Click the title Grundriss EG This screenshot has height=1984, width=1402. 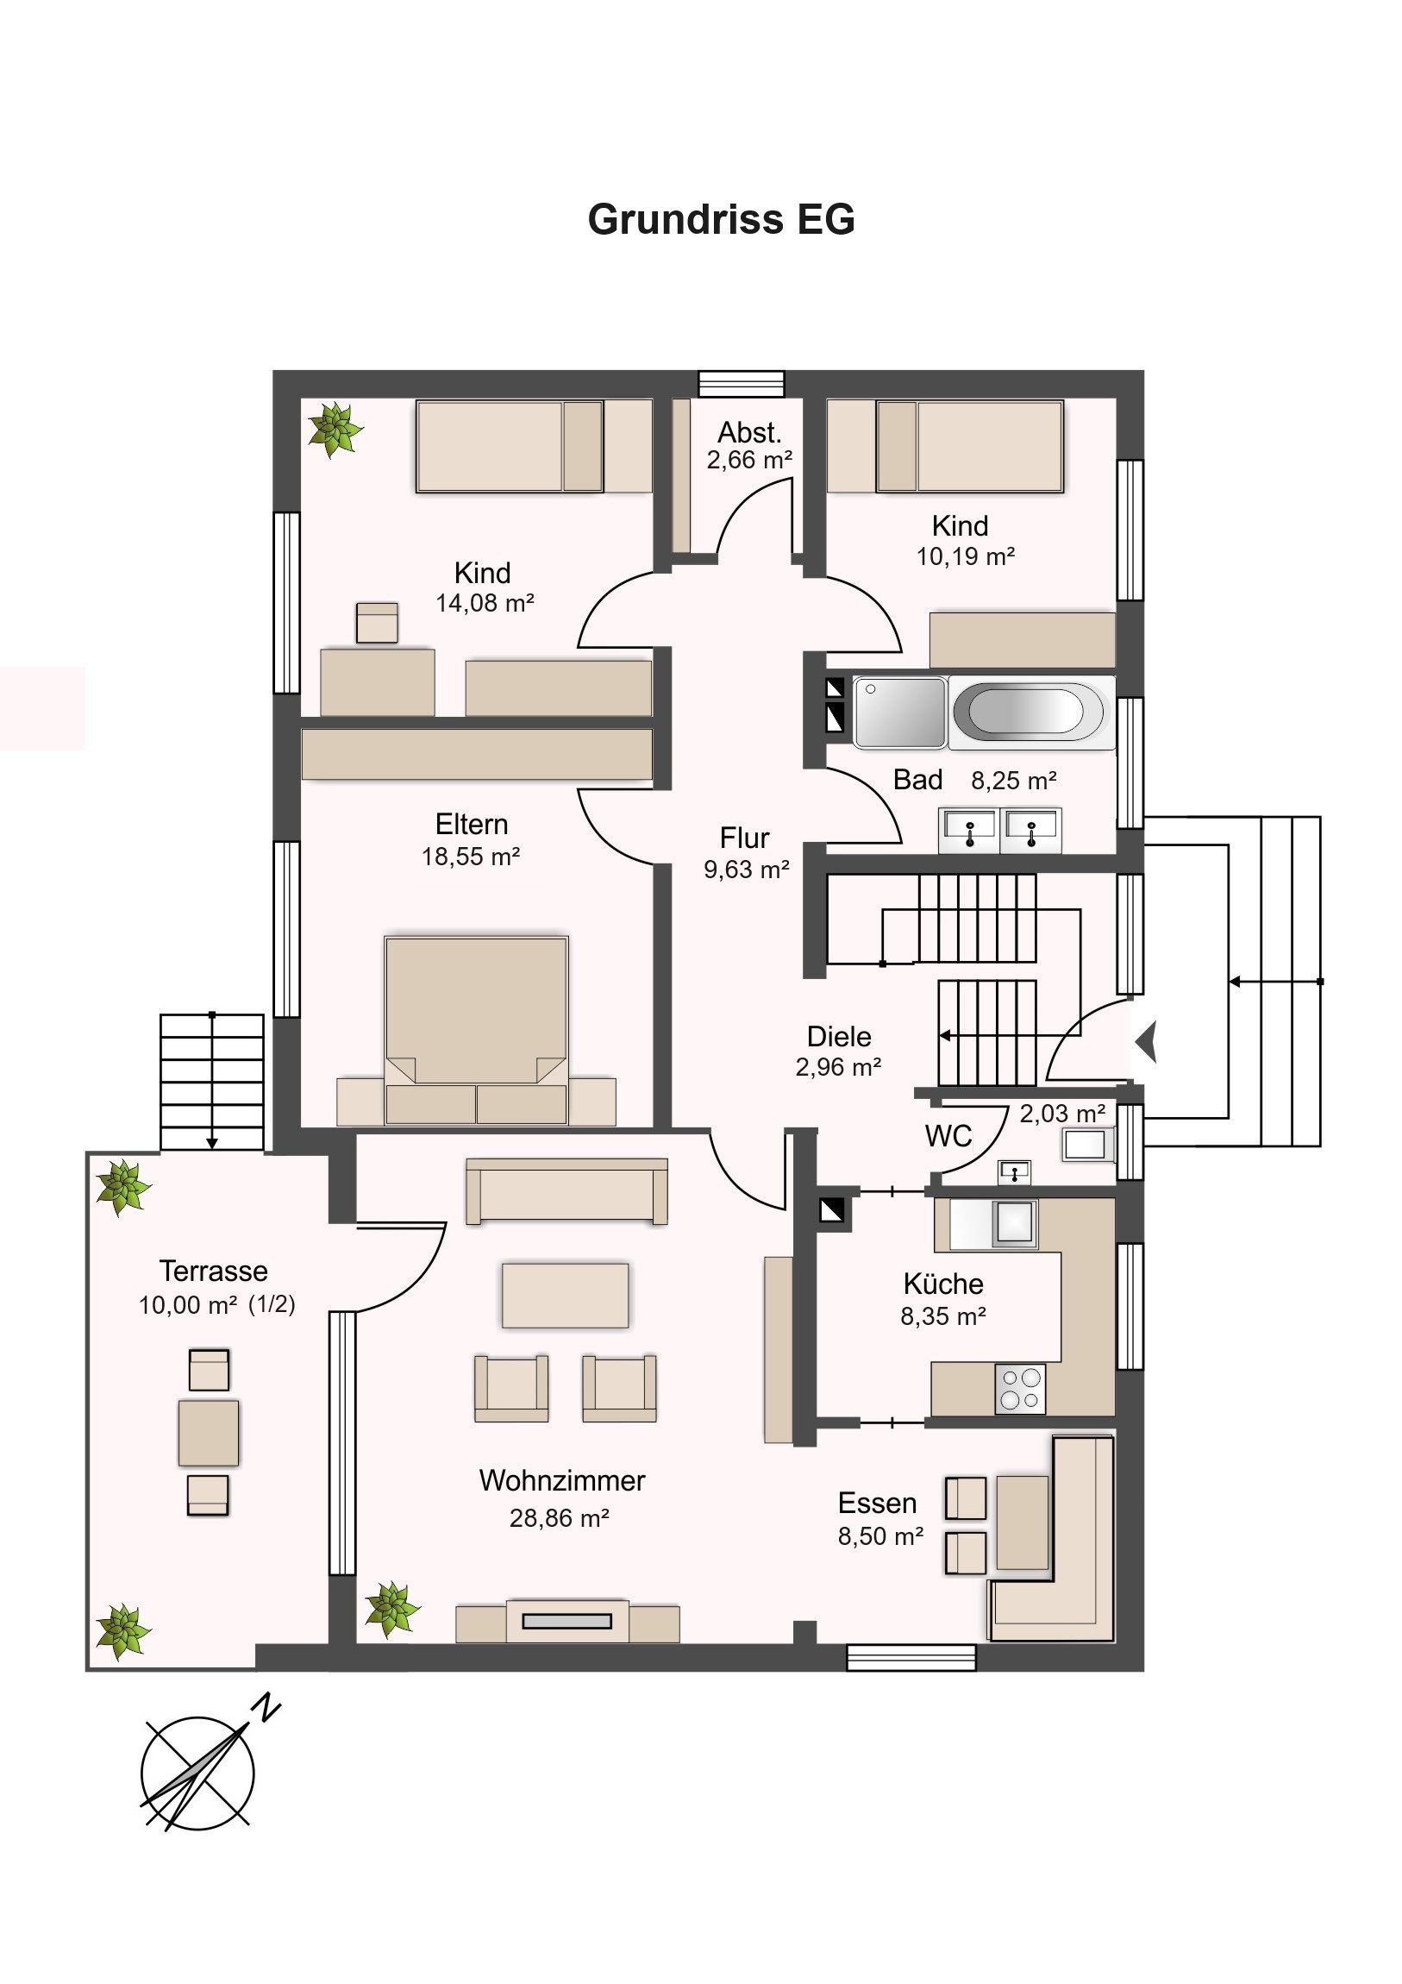[x=722, y=219]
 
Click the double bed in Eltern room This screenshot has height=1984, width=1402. [x=476, y=1030]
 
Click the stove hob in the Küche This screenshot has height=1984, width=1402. [x=1020, y=1389]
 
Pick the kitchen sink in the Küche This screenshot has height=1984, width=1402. [x=1016, y=1225]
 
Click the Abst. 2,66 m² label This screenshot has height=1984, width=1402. [x=749, y=446]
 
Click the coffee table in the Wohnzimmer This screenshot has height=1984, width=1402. [x=565, y=1295]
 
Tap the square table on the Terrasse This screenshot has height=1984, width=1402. [x=209, y=1433]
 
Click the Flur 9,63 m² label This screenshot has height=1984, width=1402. [x=747, y=853]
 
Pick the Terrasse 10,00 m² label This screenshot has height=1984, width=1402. [x=216, y=1288]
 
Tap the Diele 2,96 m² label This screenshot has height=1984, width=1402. [x=839, y=1051]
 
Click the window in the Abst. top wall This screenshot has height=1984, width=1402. [x=742, y=384]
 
